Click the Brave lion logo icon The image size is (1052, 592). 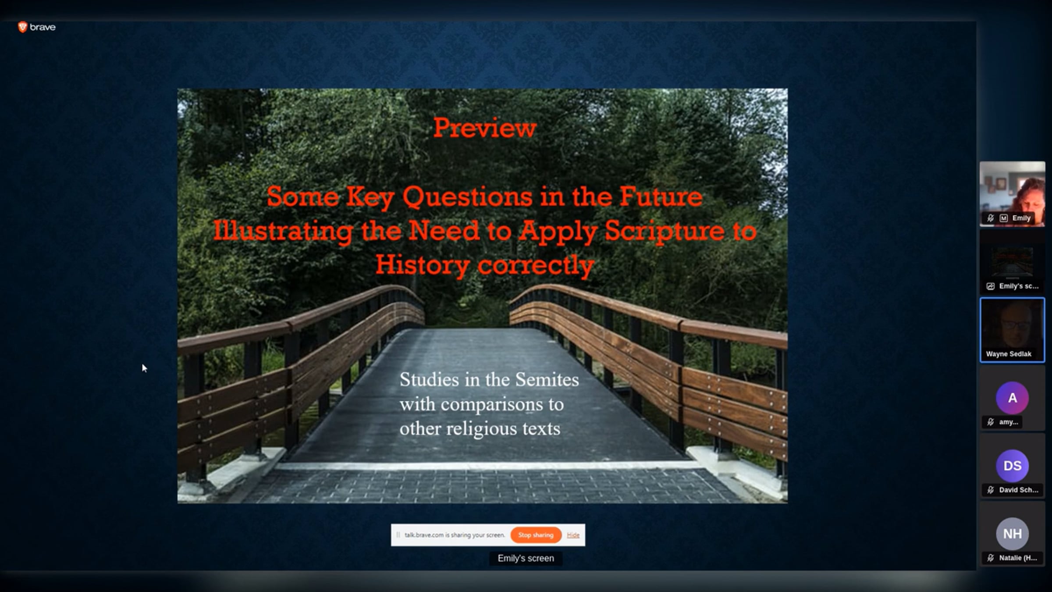coord(22,27)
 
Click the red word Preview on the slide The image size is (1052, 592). coord(485,128)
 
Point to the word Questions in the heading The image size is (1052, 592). coord(467,197)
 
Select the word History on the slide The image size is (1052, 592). coord(423,265)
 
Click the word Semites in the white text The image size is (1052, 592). coord(547,380)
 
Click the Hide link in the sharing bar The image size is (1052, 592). coord(573,535)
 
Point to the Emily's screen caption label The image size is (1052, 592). coord(526,558)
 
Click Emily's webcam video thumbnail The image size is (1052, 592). coord(1012,194)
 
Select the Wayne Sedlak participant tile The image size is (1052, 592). coord(1012,330)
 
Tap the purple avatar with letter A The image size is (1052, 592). coord(1012,398)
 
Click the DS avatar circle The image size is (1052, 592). coord(1012,466)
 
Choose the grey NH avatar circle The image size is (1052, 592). coord(1012,534)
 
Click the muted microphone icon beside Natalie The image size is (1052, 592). coord(990,558)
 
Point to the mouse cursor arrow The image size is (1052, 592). coord(144,368)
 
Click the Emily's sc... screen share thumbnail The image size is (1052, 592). coord(1012,262)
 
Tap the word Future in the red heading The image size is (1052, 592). coord(661,196)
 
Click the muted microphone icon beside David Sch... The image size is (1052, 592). coord(990,490)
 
